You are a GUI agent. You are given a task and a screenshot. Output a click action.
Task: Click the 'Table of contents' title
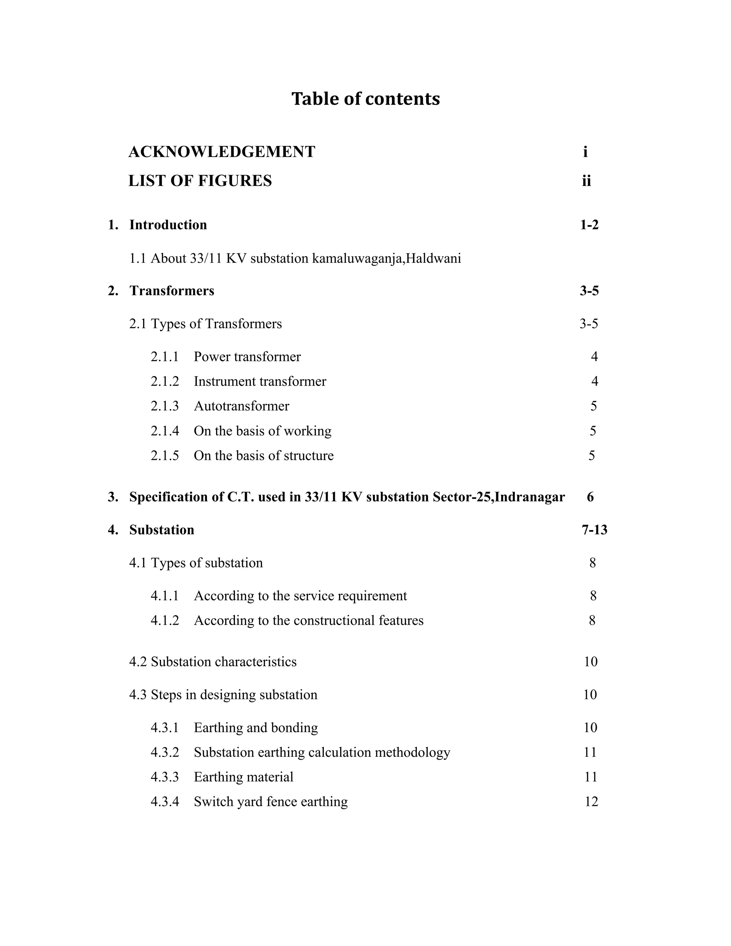click(365, 99)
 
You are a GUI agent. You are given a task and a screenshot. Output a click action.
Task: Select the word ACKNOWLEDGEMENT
click(222, 152)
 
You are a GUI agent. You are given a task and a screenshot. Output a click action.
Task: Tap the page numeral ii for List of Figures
click(586, 181)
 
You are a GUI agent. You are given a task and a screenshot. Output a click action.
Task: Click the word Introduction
click(168, 225)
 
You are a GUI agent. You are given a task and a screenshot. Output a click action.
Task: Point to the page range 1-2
click(589, 225)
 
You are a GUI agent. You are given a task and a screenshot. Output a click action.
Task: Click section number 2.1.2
click(165, 382)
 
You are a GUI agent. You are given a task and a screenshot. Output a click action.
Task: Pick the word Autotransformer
click(241, 406)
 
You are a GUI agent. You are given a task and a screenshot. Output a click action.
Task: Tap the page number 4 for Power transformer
click(594, 357)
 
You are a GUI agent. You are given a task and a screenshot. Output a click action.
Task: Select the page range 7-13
click(594, 530)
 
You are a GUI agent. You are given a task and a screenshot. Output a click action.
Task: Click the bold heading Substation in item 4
click(162, 530)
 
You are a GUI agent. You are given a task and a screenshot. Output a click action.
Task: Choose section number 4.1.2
click(165, 621)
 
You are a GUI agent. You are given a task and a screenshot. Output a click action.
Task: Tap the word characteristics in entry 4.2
click(256, 662)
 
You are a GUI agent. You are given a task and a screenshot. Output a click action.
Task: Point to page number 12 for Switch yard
click(591, 802)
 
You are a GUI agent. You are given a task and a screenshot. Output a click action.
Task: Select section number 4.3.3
click(165, 777)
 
